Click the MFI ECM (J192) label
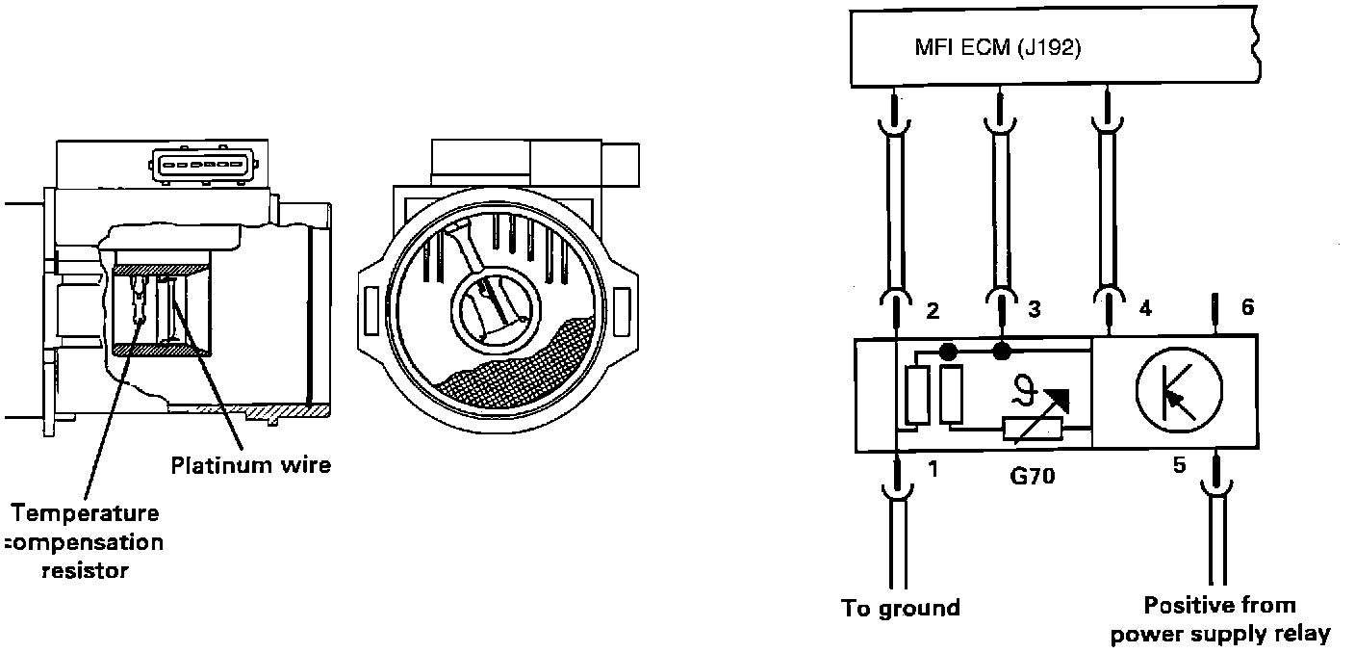point(997,48)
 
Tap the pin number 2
point(932,311)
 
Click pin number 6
point(1246,308)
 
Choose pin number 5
point(1180,466)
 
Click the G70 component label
point(1032,474)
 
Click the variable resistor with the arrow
point(1034,419)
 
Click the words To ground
point(901,609)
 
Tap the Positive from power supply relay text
point(1219,619)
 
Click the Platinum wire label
point(250,465)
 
